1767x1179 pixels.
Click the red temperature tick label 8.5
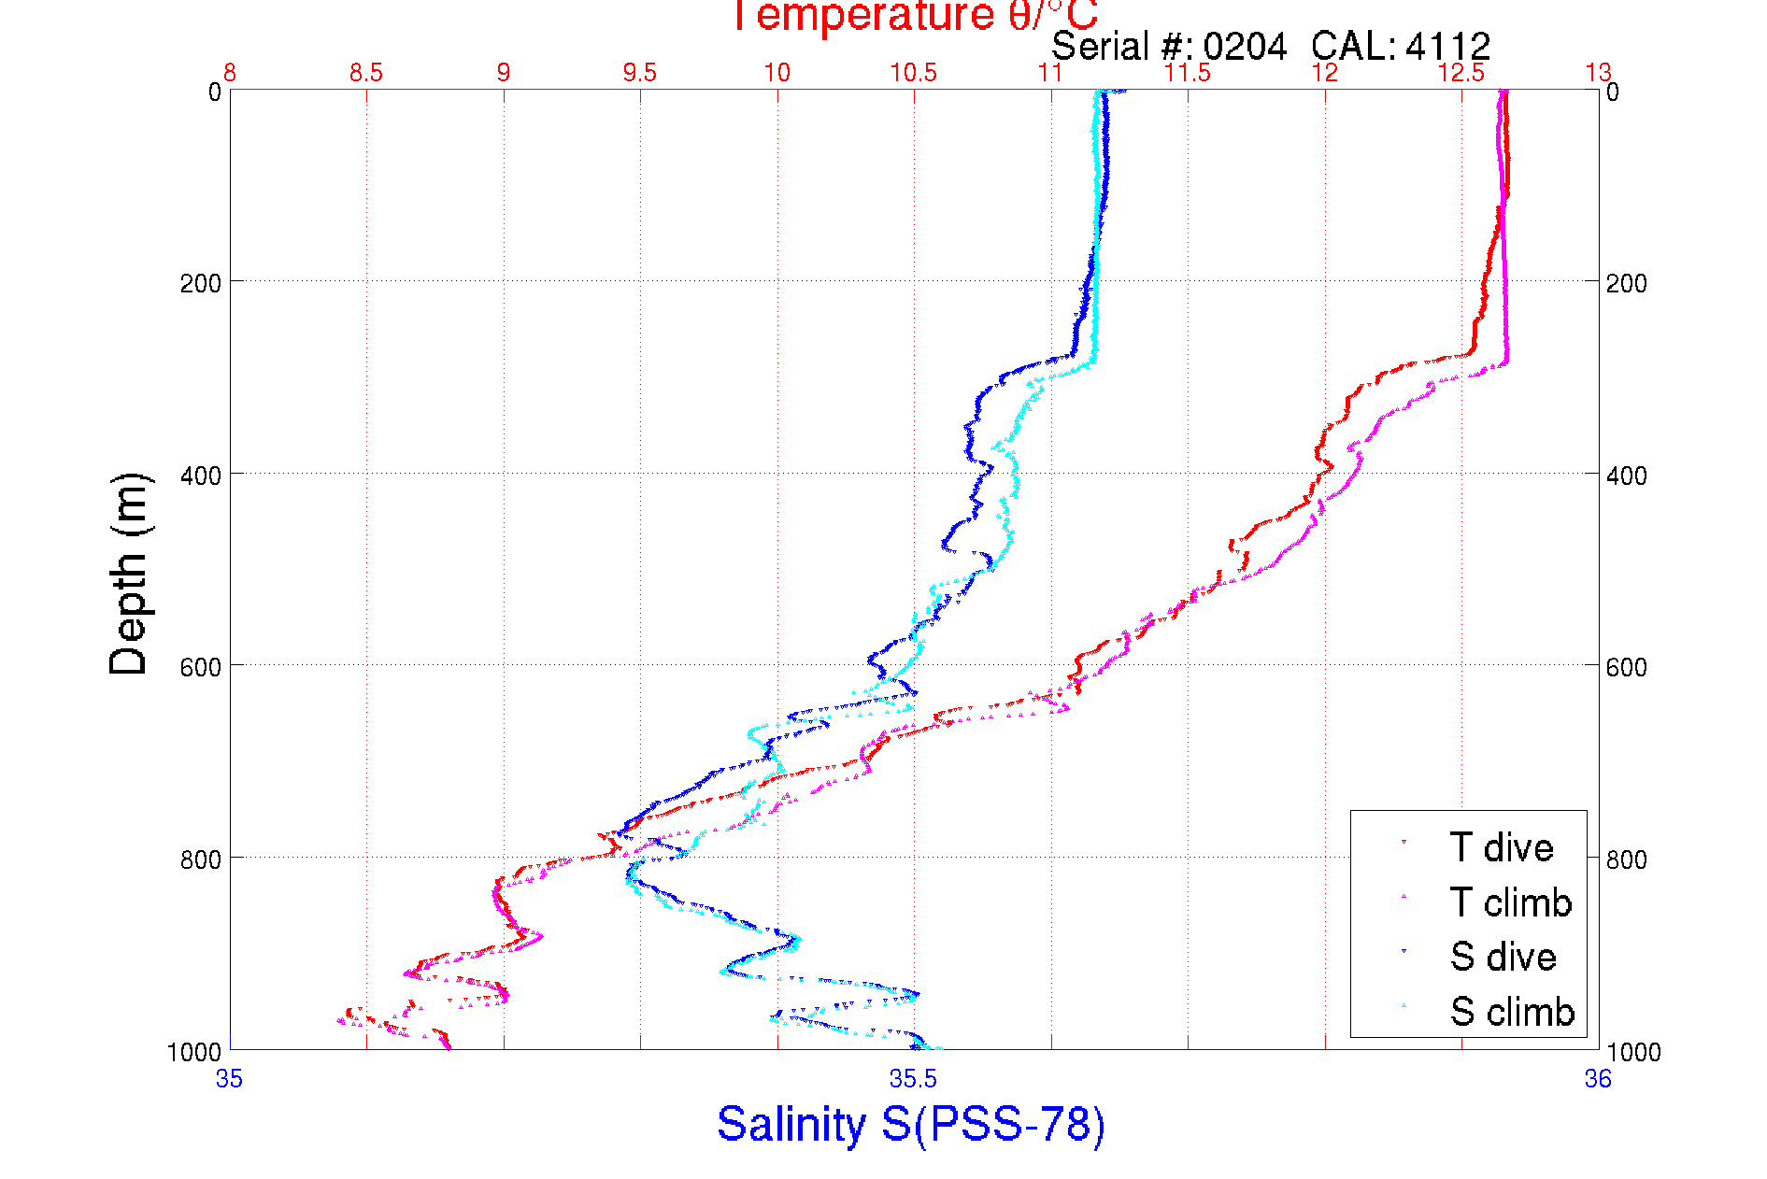(x=366, y=73)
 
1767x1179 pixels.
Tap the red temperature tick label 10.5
(x=913, y=73)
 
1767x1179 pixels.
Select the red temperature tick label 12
(x=1324, y=73)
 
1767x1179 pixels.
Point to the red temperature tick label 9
(x=504, y=73)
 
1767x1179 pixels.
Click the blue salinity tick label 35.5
(x=913, y=1079)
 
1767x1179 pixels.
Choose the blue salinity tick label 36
(x=1598, y=1079)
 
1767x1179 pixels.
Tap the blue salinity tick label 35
(x=230, y=1079)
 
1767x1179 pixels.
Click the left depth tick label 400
(x=200, y=475)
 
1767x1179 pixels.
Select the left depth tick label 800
(x=200, y=859)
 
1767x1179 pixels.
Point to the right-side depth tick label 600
(x=1626, y=667)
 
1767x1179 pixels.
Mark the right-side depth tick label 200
(x=1626, y=283)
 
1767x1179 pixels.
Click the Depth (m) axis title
(x=129, y=574)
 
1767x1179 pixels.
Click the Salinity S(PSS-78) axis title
(x=911, y=1124)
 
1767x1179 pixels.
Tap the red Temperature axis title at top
(x=913, y=16)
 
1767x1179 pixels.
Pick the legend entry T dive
(x=1501, y=847)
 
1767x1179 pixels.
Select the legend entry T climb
(x=1510, y=902)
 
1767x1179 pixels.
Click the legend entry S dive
(x=1503, y=957)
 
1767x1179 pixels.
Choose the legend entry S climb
(x=1512, y=1012)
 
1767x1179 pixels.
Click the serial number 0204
(x=1245, y=46)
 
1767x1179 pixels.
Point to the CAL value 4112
(x=1447, y=46)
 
